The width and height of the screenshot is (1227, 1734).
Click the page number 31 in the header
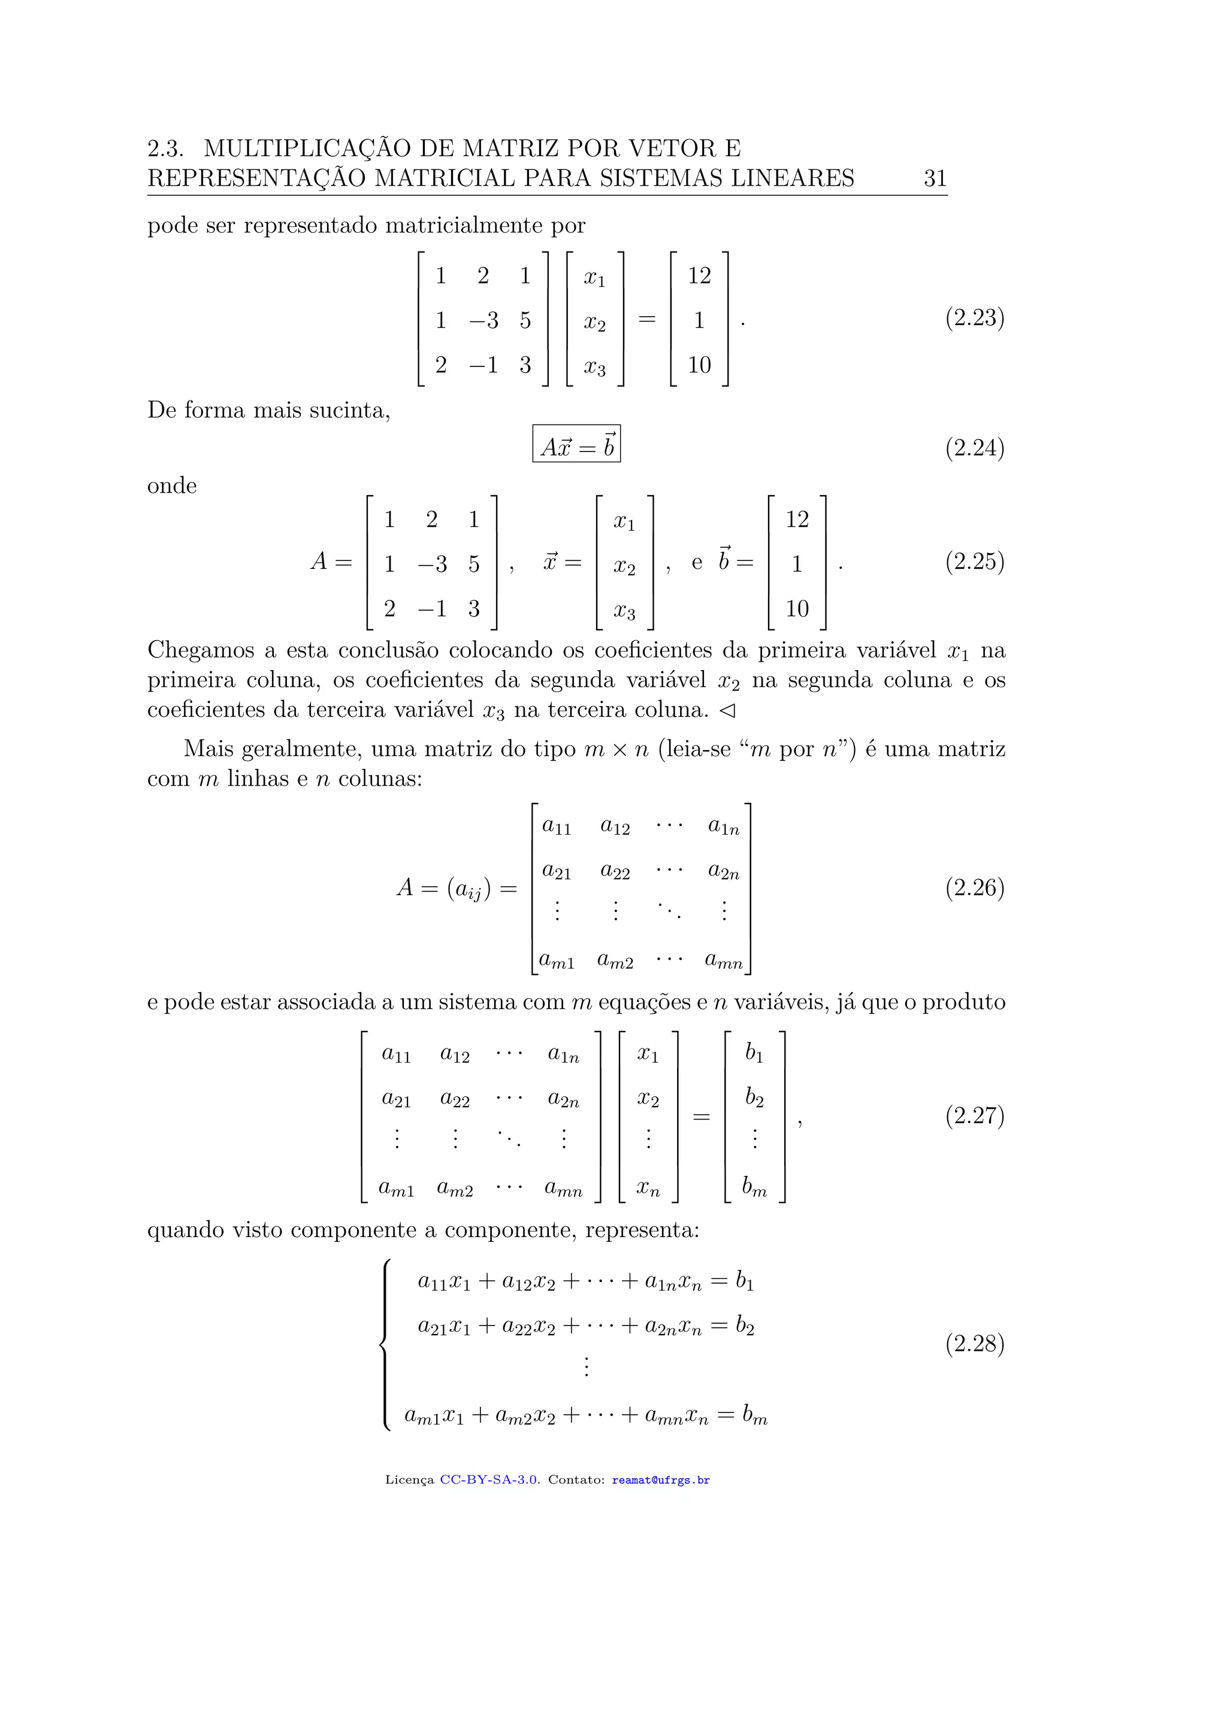click(935, 178)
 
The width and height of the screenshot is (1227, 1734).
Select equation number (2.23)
click(974, 318)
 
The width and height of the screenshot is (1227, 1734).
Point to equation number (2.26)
click(974, 887)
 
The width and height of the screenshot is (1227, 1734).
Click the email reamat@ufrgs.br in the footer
click(660, 1480)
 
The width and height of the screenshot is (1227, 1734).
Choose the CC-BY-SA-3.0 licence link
click(489, 1480)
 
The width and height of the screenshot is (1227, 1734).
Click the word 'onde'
click(171, 486)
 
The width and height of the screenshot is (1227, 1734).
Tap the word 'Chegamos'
click(200, 650)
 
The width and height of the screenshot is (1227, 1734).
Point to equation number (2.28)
click(974, 1344)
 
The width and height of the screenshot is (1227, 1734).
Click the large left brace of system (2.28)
click(385, 1345)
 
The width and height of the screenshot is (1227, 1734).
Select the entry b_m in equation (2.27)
click(754, 1188)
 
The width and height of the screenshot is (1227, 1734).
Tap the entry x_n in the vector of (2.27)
click(648, 1189)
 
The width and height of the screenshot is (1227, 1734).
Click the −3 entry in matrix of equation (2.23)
click(483, 321)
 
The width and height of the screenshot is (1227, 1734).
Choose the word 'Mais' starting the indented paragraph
click(208, 749)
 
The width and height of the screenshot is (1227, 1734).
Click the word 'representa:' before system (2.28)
click(642, 1230)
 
